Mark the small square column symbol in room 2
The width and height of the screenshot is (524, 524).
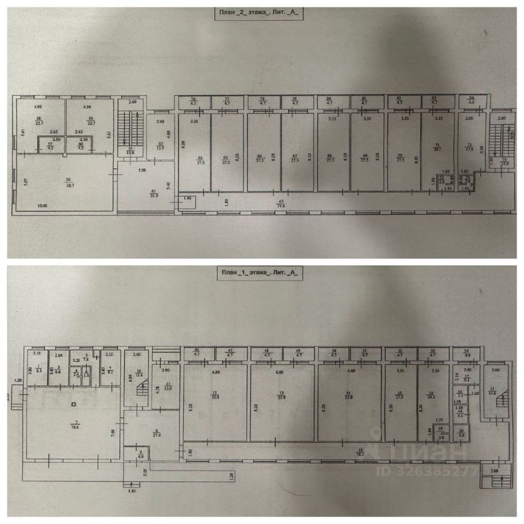tap(74, 404)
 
